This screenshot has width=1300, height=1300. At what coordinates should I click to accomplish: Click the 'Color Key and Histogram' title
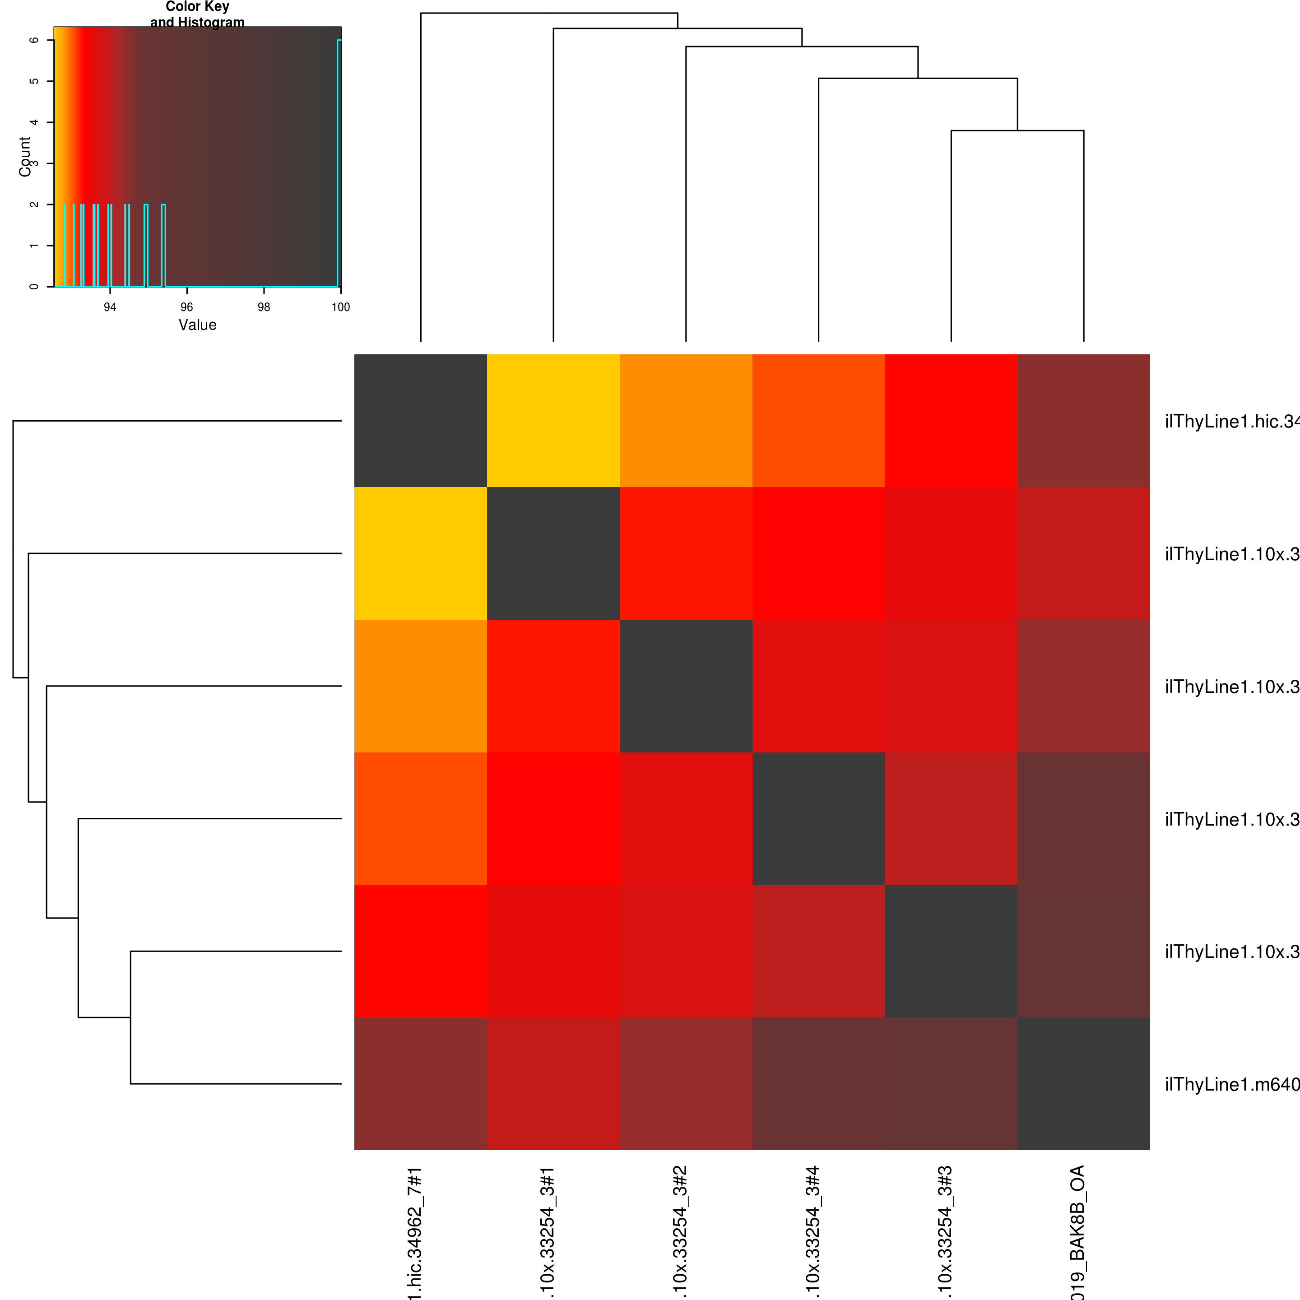[197, 14]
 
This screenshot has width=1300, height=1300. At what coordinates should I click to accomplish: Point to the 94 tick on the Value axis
[110, 307]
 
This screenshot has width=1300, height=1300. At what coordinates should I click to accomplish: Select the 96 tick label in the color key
[186, 307]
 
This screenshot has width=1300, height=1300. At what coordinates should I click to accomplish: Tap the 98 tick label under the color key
[264, 307]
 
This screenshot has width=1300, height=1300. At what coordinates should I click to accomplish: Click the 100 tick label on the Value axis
[340, 307]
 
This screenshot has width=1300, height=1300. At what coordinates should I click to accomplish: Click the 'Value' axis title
[197, 325]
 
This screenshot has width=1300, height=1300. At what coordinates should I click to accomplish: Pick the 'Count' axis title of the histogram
[25, 157]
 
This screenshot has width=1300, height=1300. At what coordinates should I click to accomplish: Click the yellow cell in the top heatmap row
[553, 421]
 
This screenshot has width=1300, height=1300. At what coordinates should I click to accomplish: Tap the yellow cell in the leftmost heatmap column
[421, 553]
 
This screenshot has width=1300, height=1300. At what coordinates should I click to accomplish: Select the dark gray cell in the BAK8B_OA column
[1083, 1083]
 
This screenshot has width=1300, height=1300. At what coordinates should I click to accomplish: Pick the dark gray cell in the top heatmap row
[421, 421]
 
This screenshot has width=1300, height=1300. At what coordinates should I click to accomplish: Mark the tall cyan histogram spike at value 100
[339, 162]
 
